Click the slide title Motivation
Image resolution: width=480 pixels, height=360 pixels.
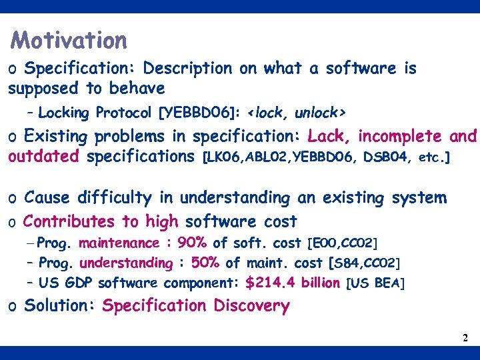coord(69,41)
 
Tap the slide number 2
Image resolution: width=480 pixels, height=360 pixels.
coord(465,338)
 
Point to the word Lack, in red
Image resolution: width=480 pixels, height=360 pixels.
coord(329,137)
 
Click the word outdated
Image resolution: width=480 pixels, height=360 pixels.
coord(44,157)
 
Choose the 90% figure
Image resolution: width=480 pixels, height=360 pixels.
coord(192,243)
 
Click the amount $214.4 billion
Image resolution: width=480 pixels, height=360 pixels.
coord(293,283)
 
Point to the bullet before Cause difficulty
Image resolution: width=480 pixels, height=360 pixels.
coord(13,199)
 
